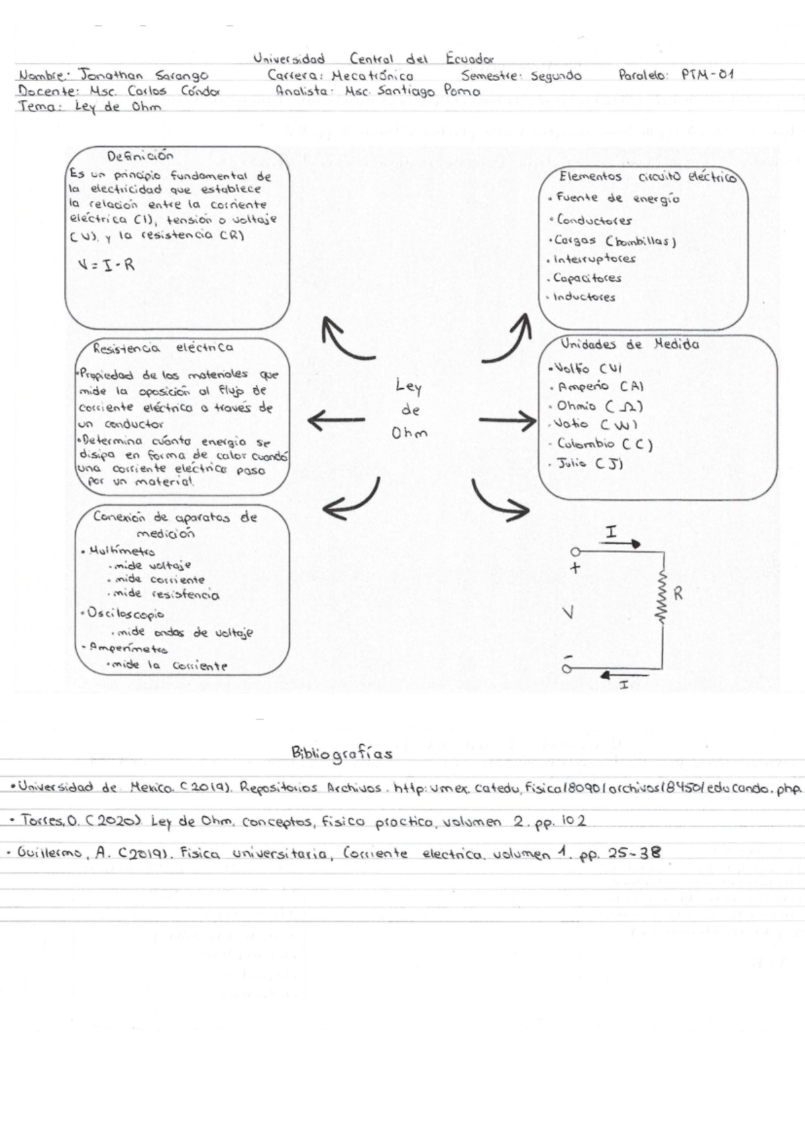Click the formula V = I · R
pyautogui.click(x=106, y=264)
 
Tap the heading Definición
pyautogui.click(x=140, y=156)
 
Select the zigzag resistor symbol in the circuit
pyautogui.click(x=663, y=598)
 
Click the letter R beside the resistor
pyautogui.click(x=679, y=593)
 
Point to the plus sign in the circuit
pyautogui.click(x=574, y=568)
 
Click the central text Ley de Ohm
pyautogui.click(x=409, y=410)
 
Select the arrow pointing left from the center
pyautogui.click(x=335, y=421)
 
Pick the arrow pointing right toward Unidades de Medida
pyautogui.click(x=507, y=421)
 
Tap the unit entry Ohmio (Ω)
pyautogui.click(x=599, y=406)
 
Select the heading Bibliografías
pyautogui.click(x=341, y=753)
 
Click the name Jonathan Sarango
pyautogui.click(x=143, y=75)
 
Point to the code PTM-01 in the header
pyautogui.click(x=707, y=75)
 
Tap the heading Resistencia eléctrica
pyautogui.click(x=163, y=348)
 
